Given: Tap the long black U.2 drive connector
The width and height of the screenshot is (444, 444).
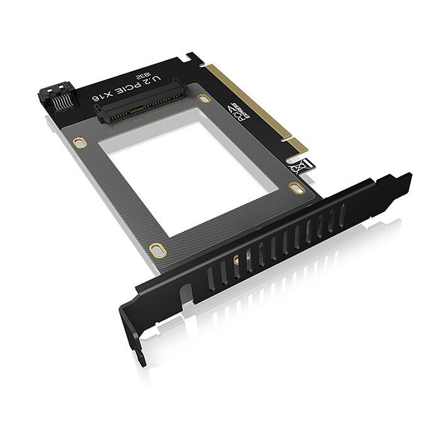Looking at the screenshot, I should pos(140,104).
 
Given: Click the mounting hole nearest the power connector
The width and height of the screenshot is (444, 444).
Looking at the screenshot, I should pos(79,142).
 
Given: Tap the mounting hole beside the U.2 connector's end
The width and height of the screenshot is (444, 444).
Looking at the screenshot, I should pos(203,98).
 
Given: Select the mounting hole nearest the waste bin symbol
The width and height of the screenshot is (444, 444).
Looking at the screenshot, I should pos(296,187).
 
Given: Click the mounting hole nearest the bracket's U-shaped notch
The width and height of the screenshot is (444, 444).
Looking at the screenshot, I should pos(158,250).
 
